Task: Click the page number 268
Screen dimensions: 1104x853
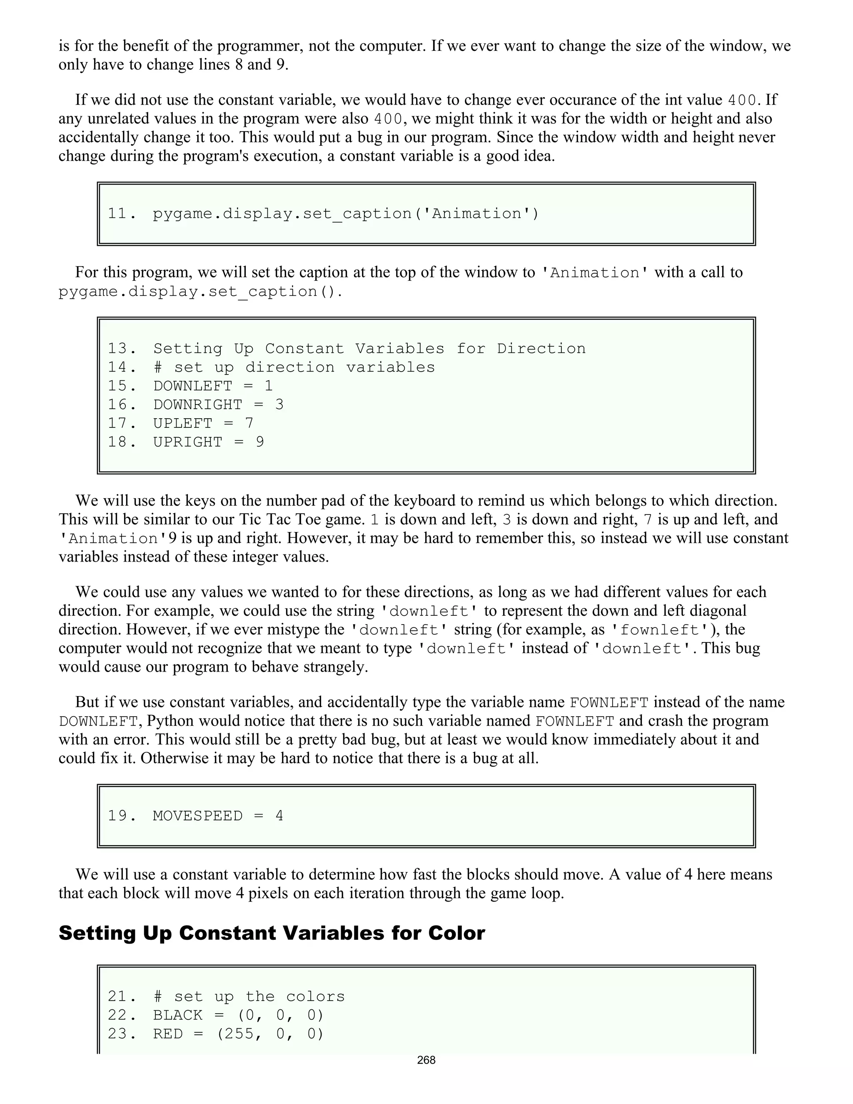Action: point(426,1060)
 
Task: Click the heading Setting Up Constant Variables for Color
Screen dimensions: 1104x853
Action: point(272,933)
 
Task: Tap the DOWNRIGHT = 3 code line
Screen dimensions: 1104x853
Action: point(218,405)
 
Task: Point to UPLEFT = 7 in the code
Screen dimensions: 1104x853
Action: point(203,423)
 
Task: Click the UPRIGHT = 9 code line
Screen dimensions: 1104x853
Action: point(208,442)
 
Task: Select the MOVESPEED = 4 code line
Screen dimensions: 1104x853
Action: point(218,816)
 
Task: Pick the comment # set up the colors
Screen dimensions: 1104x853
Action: point(249,997)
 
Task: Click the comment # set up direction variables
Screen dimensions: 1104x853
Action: point(294,367)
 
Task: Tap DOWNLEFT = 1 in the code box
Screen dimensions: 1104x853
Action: point(213,386)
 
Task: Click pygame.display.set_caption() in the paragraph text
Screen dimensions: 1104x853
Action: point(200,292)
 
